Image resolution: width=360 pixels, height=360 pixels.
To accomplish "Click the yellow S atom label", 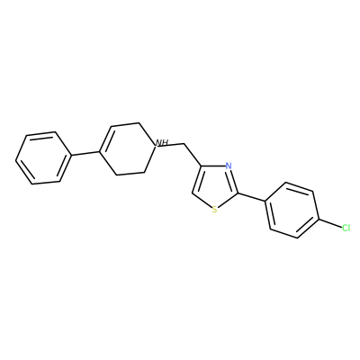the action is [214, 210].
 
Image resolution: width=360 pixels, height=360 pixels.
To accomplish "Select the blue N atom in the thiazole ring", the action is [229, 166].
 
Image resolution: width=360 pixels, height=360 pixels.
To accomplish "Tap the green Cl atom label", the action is [346, 228].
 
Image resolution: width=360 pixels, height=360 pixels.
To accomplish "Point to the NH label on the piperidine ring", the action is [161, 142].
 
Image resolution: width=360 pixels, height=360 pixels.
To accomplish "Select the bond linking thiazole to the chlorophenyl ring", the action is [251, 197].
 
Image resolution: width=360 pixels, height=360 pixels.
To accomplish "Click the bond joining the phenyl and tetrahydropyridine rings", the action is [85, 153].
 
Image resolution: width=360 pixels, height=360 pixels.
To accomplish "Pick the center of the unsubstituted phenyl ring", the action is [43, 157].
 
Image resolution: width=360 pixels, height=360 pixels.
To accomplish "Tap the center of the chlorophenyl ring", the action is [292, 211].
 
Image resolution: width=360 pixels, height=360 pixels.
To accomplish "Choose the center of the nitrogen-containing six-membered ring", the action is [127, 148].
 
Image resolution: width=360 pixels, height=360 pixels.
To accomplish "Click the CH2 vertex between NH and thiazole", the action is [184, 144].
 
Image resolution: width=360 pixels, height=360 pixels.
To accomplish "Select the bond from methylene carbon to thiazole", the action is [192, 155].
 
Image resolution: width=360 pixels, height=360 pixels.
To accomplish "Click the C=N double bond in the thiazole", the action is [233, 180].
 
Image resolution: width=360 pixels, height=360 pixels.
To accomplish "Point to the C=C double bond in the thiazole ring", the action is [197, 179].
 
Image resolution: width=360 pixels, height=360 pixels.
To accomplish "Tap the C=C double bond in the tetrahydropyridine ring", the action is [105, 139].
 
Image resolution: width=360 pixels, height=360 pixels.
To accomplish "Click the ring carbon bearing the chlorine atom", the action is [318, 220].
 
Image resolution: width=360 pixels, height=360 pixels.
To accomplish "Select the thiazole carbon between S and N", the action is [238, 193].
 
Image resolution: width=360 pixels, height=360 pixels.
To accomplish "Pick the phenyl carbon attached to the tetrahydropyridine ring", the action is [71, 156].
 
